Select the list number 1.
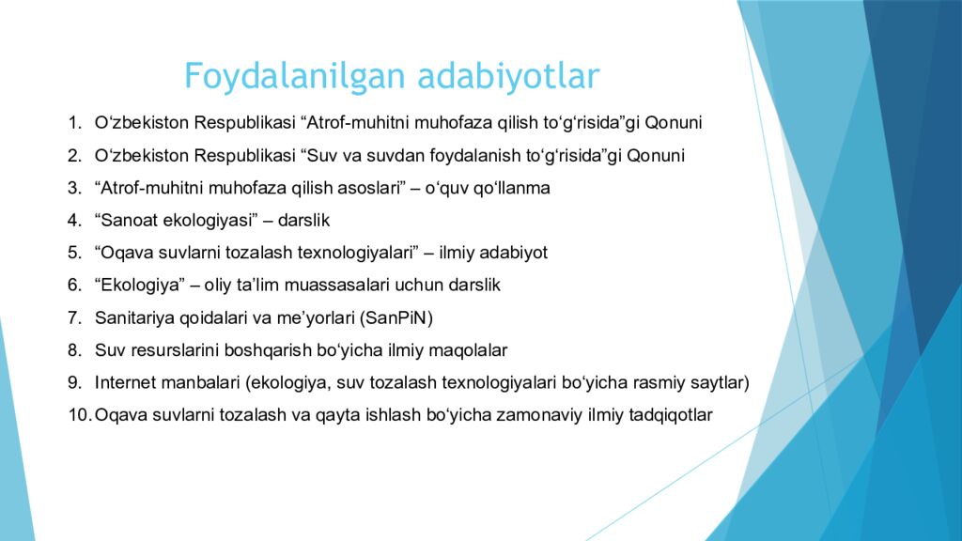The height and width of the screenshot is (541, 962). pyautogui.click(x=73, y=123)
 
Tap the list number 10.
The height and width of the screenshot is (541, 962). pyautogui.click(x=78, y=415)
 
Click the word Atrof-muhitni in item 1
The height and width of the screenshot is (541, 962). pyautogui.click(x=361, y=123)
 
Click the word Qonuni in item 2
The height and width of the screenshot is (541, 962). pyautogui.click(x=656, y=156)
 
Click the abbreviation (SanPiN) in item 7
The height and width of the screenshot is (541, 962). pyautogui.click(x=397, y=317)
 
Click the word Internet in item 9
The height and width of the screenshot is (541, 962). pyautogui.click(x=123, y=382)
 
